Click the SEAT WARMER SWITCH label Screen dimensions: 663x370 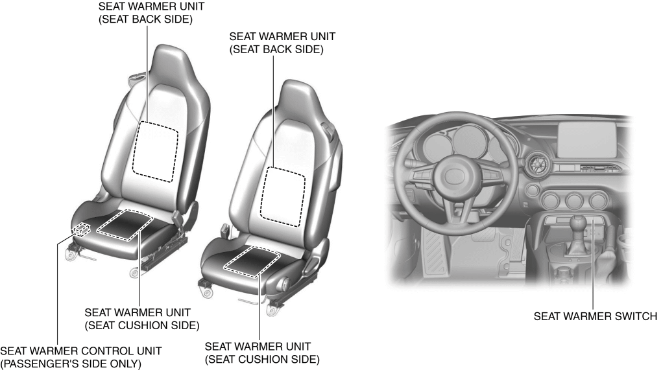coord(596,316)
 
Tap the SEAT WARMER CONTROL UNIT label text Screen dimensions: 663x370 coord(80,351)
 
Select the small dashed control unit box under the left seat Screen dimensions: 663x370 coord(81,230)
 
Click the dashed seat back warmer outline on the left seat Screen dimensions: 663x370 coord(155,152)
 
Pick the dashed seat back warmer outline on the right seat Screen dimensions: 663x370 coord(282,196)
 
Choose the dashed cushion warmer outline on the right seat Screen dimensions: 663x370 coord(252,262)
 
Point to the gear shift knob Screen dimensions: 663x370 coord(580,223)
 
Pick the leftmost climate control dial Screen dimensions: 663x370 coord(551,201)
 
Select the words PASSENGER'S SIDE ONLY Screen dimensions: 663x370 coord(71,364)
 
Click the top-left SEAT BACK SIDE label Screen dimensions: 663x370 coord(145,19)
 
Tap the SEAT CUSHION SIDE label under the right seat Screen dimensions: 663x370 coord(262,360)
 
